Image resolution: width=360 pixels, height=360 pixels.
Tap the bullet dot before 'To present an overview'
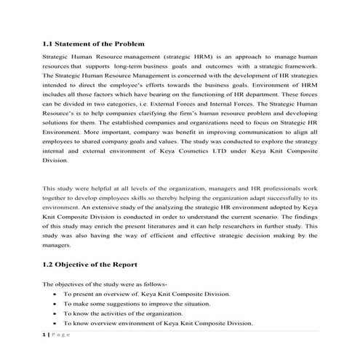pos(56,294)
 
